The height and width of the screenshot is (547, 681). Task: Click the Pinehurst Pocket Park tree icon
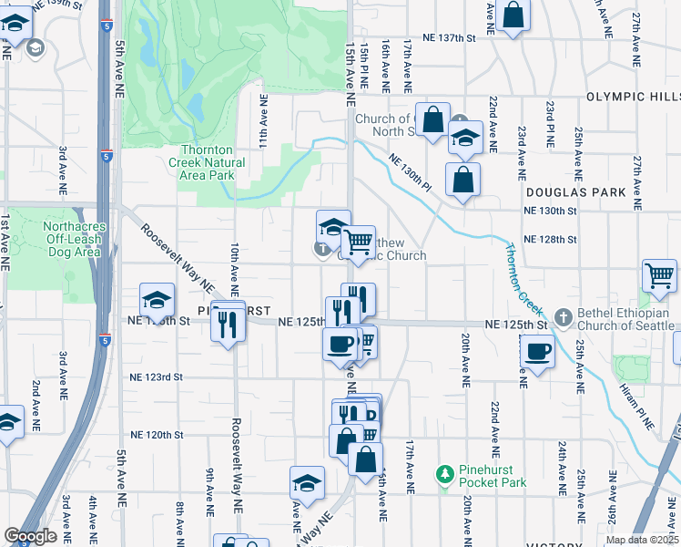coord(444,473)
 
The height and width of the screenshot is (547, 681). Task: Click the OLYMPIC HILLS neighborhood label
coord(633,97)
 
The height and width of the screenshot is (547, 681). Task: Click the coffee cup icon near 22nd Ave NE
coord(537,350)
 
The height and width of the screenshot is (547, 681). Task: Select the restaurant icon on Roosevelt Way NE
coord(228,322)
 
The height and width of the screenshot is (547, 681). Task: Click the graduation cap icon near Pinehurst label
coord(157,300)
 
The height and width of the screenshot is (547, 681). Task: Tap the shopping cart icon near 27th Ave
coord(659,274)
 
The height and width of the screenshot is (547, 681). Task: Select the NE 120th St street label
coord(157,436)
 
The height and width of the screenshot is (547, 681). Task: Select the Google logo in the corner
coord(30,536)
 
